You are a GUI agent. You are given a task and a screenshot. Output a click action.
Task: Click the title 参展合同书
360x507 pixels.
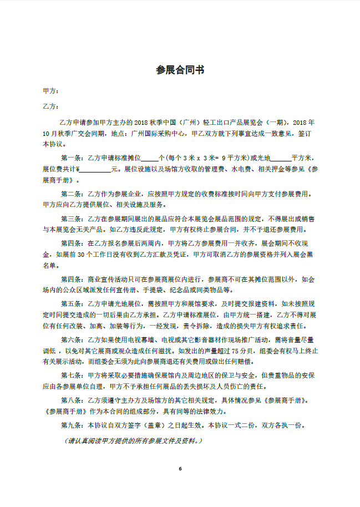[180, 70]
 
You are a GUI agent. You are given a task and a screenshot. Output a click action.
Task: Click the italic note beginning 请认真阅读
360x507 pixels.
[133, 441]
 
